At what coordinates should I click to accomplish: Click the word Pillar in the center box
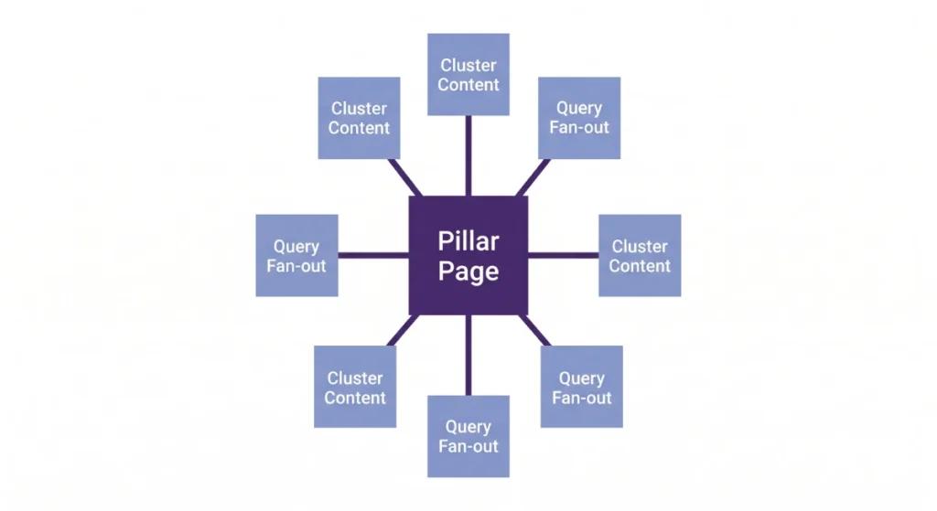coord(468,241)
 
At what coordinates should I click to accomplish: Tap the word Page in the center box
coord(468,271)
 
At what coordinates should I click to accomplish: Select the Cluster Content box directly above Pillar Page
coord(468,74)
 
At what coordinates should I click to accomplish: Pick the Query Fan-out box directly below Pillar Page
coord(468,436)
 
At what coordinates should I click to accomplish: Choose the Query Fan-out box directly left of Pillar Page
coord(296,256)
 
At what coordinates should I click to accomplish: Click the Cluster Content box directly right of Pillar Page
coord(640,256)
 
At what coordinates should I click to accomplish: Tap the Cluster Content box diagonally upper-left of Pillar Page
coord(359,118)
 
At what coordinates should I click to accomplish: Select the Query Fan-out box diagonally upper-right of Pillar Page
coord(579,118)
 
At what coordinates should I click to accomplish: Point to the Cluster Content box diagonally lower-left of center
coord(355,387)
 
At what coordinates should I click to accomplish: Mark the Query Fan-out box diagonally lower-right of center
coord(581,387)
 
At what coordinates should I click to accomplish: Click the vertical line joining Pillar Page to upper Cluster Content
coord(468,155)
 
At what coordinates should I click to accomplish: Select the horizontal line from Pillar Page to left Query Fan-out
coord(373,255)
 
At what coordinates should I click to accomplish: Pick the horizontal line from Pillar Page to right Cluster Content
coord(564,255)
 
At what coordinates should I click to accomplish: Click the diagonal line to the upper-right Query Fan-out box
coord(533,177)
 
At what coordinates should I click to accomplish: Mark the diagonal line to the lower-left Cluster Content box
coord(404,330)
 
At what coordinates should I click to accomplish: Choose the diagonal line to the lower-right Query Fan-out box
coord(534,330)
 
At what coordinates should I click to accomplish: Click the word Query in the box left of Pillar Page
coord(296,247)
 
